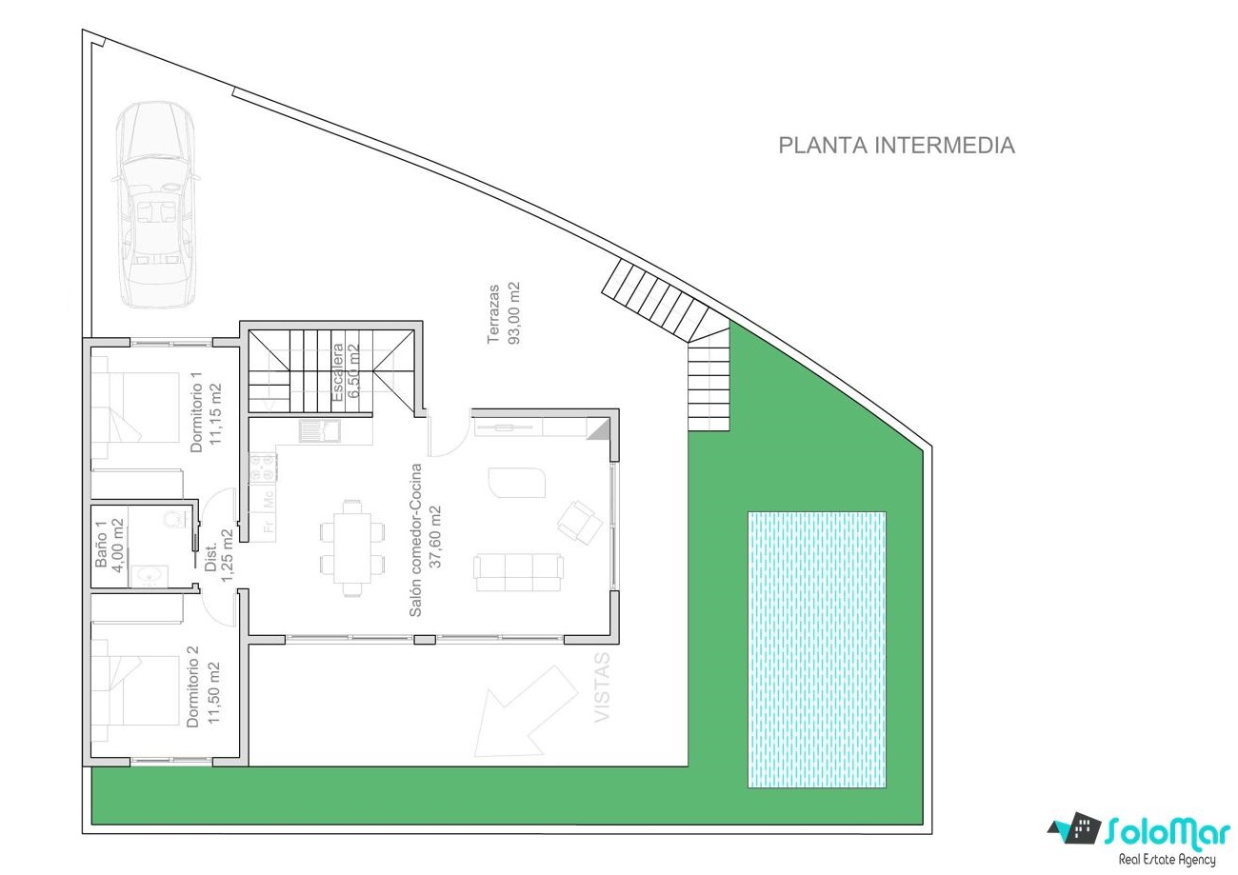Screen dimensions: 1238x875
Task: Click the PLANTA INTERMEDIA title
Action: click(896, 146)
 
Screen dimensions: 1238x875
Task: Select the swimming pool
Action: click(817, 649)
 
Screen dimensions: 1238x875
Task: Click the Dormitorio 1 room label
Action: click(206, 412)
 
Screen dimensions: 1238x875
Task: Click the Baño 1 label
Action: click(109, 545)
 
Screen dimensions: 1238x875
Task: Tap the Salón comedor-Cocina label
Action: click(425, 540)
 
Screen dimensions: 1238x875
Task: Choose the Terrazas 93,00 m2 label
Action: click(504, 313)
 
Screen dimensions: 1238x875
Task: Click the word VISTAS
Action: click(601, 686)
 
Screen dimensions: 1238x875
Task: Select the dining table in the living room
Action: click(352, 548)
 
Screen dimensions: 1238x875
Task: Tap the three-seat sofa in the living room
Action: click(518, 572)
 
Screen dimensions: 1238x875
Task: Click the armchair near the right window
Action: click(580, 522)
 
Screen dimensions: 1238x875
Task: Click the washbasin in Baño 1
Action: click(149, 576)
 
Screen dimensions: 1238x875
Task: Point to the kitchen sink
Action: click(320, 431)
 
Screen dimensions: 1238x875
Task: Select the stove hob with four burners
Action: click(263, 467)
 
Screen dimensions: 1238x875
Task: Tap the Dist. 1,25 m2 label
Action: click(218, 556)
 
